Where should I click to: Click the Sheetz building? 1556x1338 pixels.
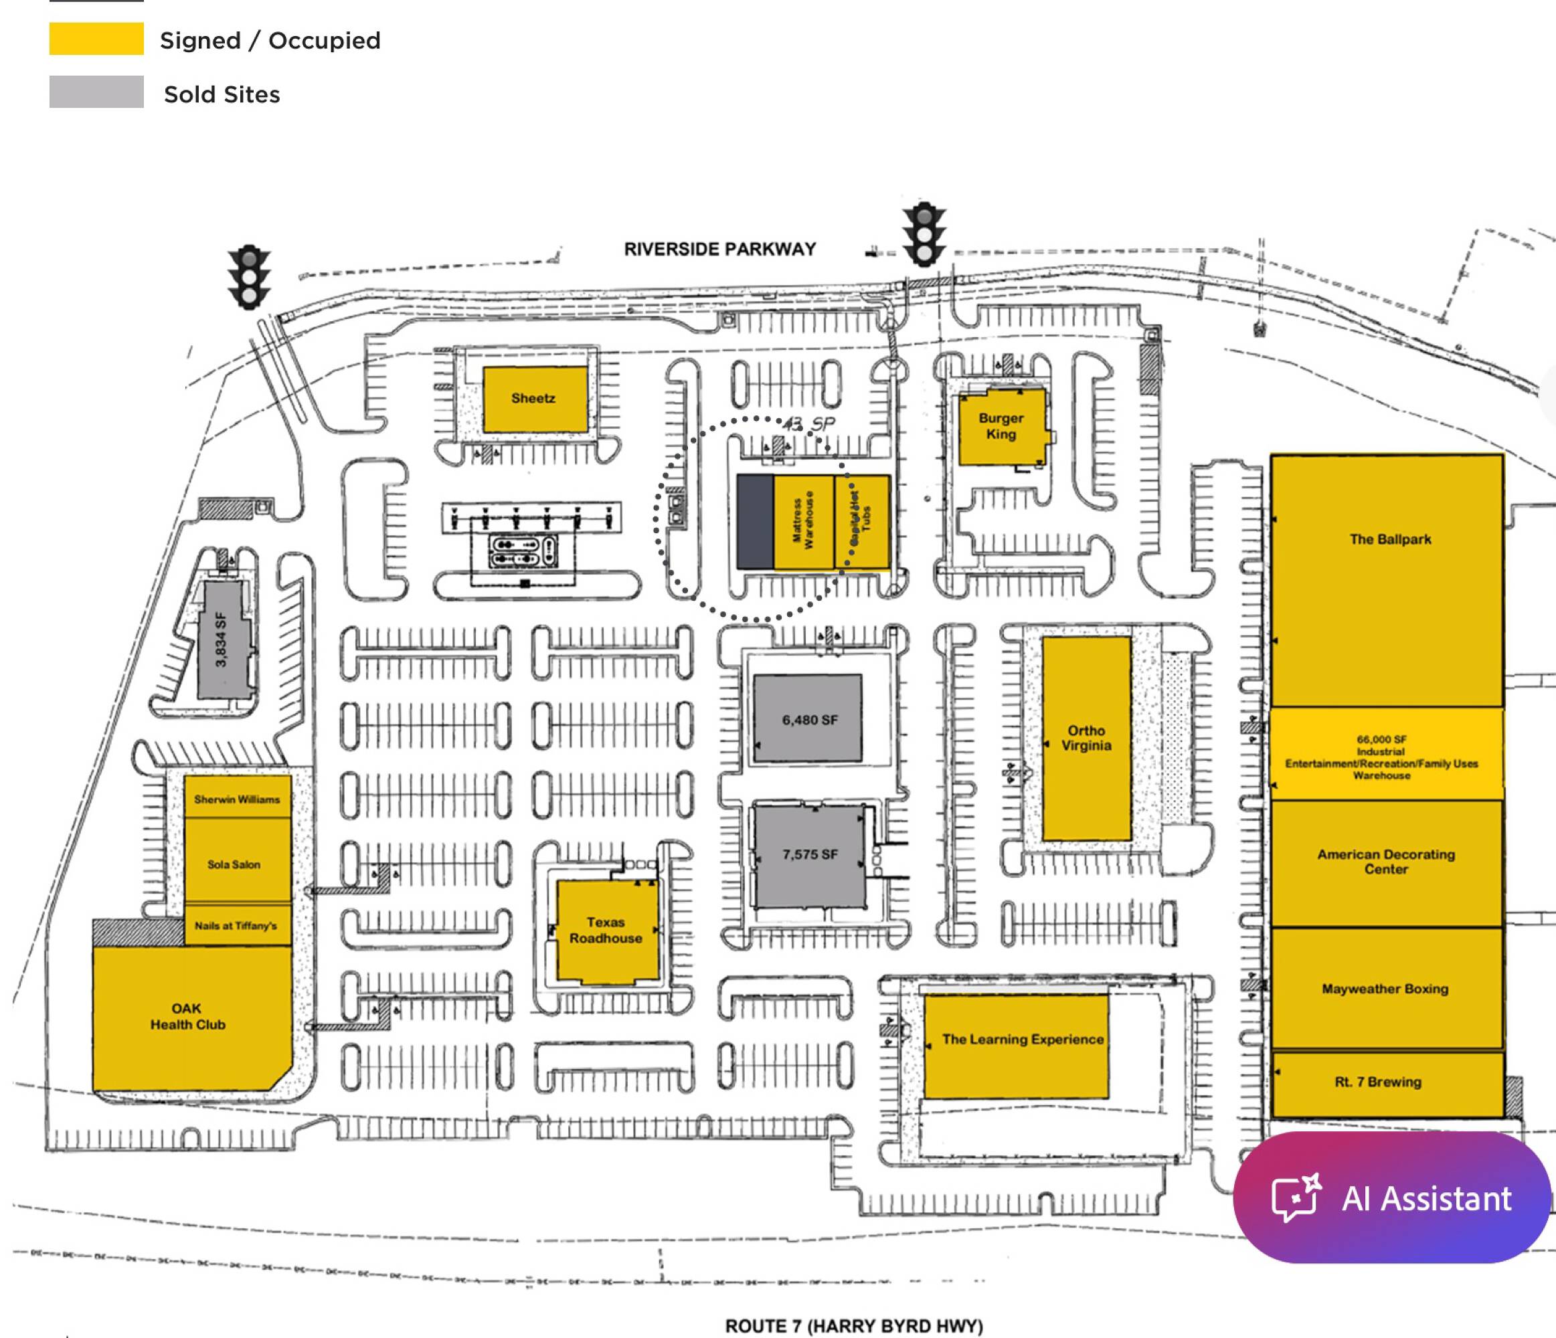coord(534,399)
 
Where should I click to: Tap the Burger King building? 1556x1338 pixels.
coord(1001,426)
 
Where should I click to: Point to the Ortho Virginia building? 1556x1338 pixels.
coord(1086,738)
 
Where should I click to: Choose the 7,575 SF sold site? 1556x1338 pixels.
coord(810,854)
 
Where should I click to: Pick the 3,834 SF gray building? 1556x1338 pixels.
coord(222,640)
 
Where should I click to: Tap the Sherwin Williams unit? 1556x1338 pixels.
coord(238,799)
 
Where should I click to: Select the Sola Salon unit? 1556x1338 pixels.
coord(235,864)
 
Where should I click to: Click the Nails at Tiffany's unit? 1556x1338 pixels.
coord(236,926)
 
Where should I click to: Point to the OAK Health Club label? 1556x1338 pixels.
coord(188,1017)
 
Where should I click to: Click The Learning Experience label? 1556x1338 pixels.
coord(1023,1039)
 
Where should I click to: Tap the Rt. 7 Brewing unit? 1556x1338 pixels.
coord(1379,1082)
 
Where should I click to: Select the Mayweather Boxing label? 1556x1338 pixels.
coord(1385,989)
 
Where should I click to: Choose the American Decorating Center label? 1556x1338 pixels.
coord(1386,862)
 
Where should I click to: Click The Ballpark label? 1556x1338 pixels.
coord(1390,539)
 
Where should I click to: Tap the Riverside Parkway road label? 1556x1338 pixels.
coord(719,250)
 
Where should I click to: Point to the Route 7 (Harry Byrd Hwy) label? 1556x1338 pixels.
coord(854,1325)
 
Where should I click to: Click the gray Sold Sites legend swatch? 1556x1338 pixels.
coord(96,92)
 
